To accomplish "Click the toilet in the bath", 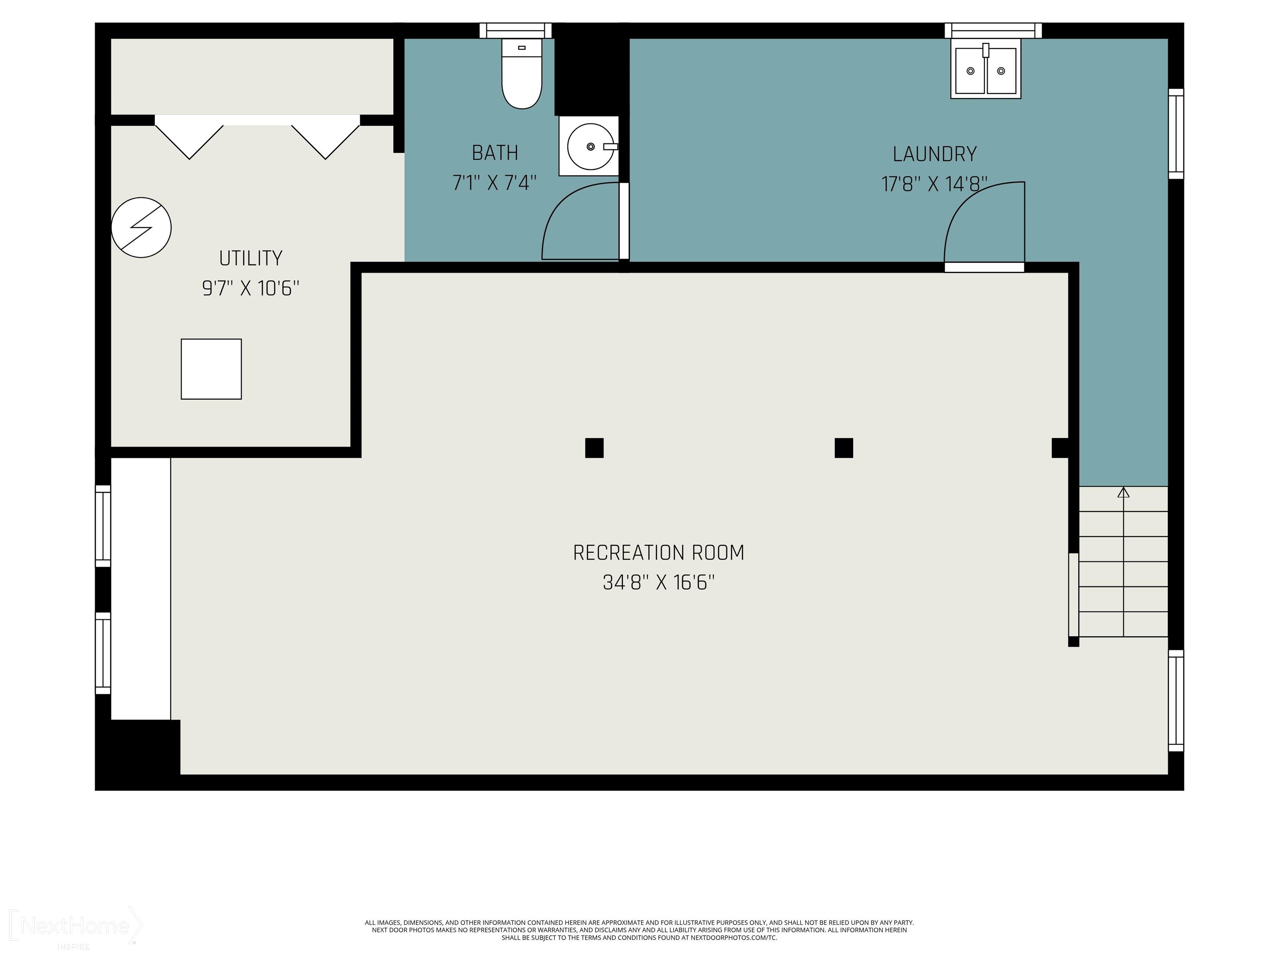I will click(x=522, y=75).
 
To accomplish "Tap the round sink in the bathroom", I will click(x=590, y=146).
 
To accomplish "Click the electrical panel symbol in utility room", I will click(x=141, y=228).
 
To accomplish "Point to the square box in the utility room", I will click(x=211, y=369).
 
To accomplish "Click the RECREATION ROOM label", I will click(x=658, y=553).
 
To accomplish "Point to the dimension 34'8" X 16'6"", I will click(x=658, y=583).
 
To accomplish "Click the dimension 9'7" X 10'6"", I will click(x=250, y=288).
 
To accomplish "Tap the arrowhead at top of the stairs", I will click(x=1123, y=492).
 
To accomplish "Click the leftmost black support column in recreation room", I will click(x=595, y=448).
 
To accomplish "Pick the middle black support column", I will click(x=844, y=448).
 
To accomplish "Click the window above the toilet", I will click(x=516, y=30).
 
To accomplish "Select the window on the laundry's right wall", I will click(x=1175, y=134).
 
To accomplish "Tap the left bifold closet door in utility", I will click(x=189, y=137).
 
